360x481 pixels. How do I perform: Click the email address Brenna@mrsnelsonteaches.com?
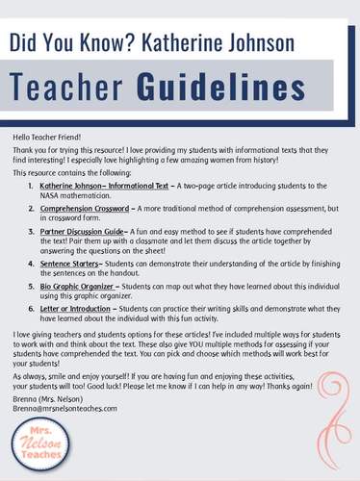point(65,408)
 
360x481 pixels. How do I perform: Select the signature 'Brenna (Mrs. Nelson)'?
point(49,398)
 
